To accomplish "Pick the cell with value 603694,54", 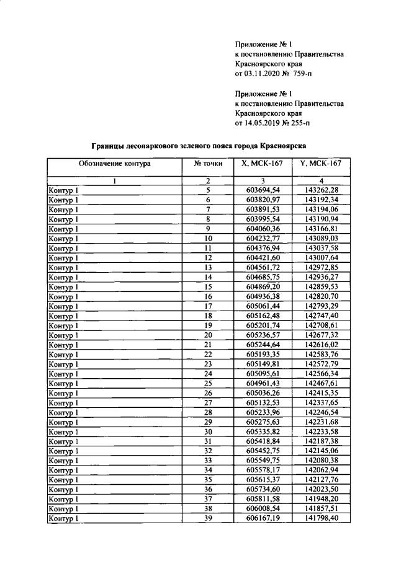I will pyautogui.click(x=263, y=190).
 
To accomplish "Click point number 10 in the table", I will pyautogui.click(x=208, y=238).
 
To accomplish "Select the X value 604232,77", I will pyautogui.click(x=263, y=238).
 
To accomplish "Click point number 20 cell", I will pyautogui.click(x=208, y=335).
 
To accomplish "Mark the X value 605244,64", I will pyautogui.click(x=263, y=345).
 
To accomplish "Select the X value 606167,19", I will pyautogui.click(x=263, y=518).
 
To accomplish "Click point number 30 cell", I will pyautogui.click(x=208, y=431).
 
